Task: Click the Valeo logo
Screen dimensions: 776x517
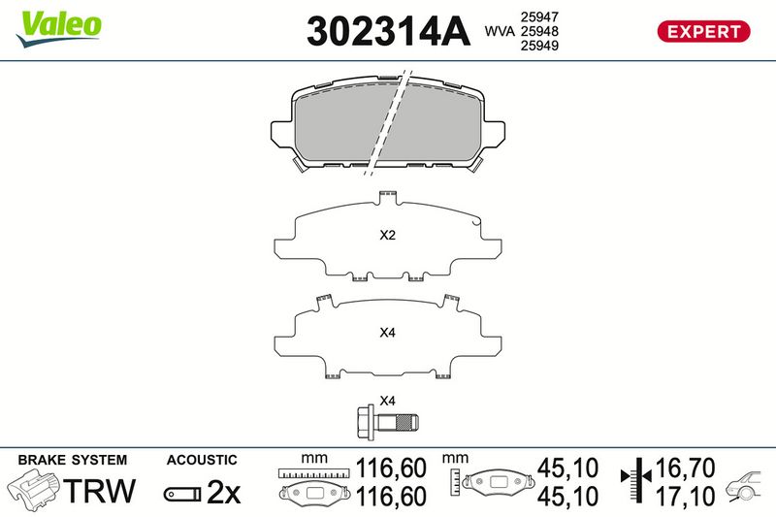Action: [58, 29]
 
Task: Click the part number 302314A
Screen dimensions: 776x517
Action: [388, 32]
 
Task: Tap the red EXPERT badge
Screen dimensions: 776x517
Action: [703, 32]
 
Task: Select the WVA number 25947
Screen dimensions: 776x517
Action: [539, 17]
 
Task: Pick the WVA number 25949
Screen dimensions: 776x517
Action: [539, 46]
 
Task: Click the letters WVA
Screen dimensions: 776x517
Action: [500, 31]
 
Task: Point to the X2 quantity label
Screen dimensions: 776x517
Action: [387, 235]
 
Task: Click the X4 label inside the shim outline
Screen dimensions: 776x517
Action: [387, 333]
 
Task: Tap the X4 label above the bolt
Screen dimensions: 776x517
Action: [387, 401]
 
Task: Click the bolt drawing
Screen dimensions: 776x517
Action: [387, 422]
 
